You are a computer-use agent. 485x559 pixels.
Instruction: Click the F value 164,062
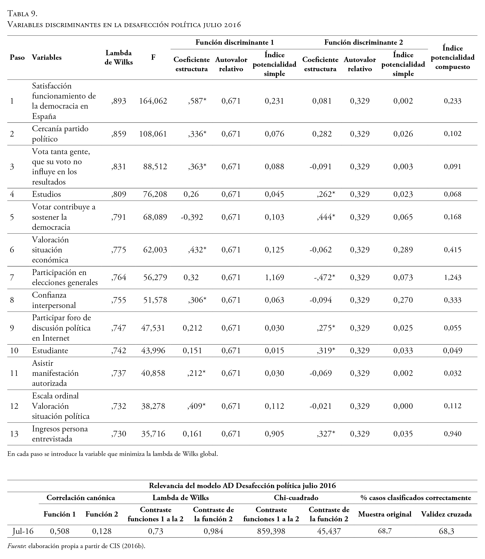click(153, 101)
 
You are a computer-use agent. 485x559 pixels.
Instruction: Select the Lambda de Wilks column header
click(118, 58)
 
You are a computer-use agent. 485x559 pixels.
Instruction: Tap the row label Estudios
click(46, 194)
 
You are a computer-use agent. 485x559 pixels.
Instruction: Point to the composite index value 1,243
click(453, 277)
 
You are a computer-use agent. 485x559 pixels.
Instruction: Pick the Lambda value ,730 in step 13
click(118, 434)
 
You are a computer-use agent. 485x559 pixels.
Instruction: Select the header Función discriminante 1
click(235, 42)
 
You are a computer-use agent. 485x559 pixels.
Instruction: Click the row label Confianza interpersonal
click(54, 300)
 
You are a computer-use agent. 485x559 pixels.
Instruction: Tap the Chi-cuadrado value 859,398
click(271, 531)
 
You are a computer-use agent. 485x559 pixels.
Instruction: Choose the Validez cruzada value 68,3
click(446, 531)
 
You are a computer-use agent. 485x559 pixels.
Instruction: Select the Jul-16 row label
click(23, 531)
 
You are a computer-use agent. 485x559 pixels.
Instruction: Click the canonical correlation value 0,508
click(60, 531)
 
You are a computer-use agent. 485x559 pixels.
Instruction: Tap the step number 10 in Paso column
click(14, 350)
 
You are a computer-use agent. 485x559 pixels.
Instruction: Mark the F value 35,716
click(153, 434)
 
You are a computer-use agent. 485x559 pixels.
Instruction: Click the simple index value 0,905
click(274, 434)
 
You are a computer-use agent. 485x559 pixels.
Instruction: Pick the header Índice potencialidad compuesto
click(453, 58)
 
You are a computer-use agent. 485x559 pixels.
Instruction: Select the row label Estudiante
click(50, 350)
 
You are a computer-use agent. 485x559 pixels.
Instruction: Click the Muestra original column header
click(385, 514)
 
